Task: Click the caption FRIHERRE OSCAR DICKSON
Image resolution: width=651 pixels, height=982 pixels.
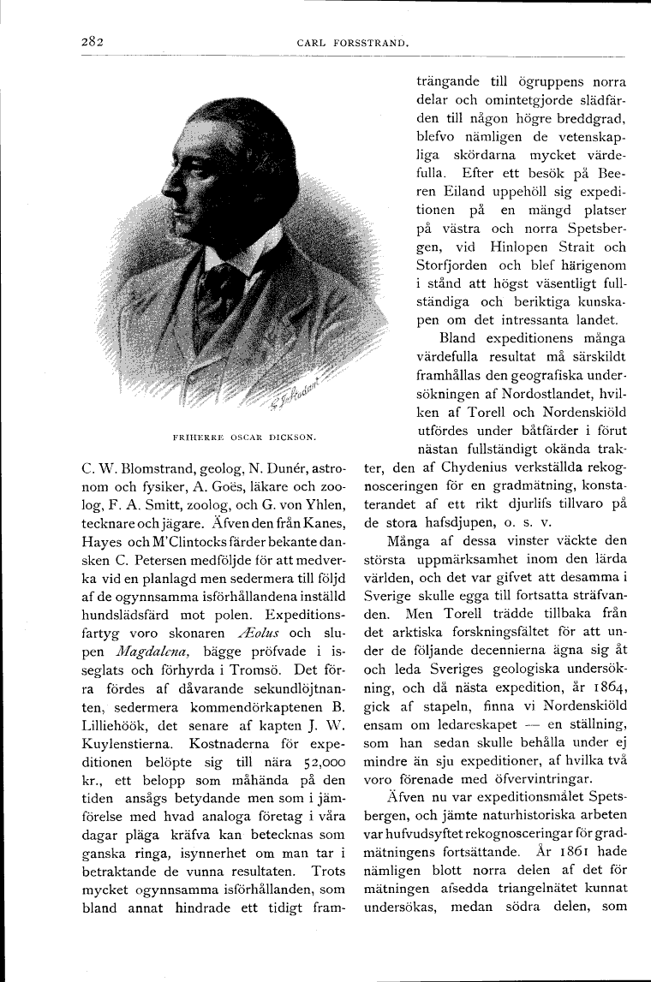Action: point(245,437)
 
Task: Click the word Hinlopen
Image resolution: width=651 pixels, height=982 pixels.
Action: point(515,247)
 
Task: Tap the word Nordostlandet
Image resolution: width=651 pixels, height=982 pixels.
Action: point(517,394)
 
